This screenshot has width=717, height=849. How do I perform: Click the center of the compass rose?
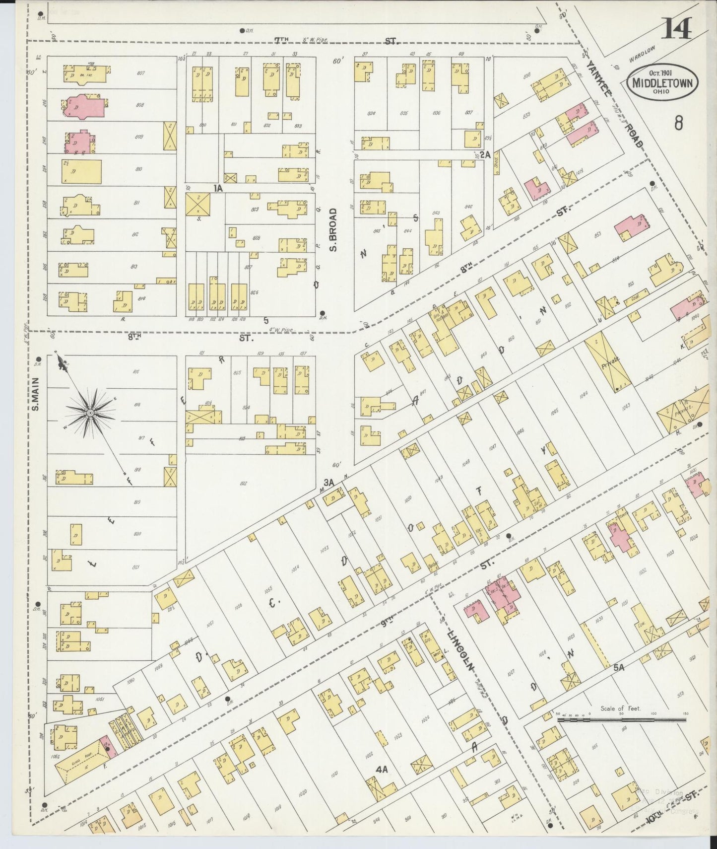point(90,413)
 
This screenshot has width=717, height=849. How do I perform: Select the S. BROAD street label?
point(333,229)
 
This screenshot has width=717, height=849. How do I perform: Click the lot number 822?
point(244,483)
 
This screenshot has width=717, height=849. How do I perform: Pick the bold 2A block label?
point(484,154)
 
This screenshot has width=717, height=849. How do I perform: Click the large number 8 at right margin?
point(678,122)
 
